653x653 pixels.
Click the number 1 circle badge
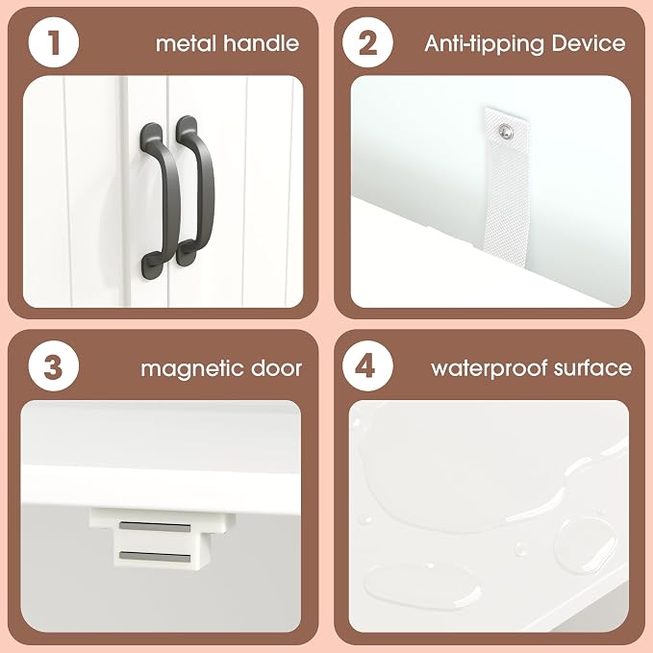click(54, 42)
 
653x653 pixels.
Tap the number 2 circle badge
click(367, 42)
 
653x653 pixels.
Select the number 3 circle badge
click(54, 366)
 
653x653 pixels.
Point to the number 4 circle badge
click(367, 366)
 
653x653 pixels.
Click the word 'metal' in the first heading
click(187, 43)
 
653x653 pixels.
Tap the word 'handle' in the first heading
click(262, 43)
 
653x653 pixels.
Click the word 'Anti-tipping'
click(484, 44)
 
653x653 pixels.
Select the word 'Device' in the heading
click(588, 43)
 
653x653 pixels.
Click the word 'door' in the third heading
click(276, 368)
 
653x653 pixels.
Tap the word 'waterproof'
click(489, 369)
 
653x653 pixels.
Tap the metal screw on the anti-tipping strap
click(507, 132)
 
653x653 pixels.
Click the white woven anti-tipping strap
click(508, 187)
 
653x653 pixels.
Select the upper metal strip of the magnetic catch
click(155, 527)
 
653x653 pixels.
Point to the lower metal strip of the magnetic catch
click(155, 556)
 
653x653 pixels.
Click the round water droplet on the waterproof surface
click(585, 544)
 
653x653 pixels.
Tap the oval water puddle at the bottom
click(422, 588)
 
